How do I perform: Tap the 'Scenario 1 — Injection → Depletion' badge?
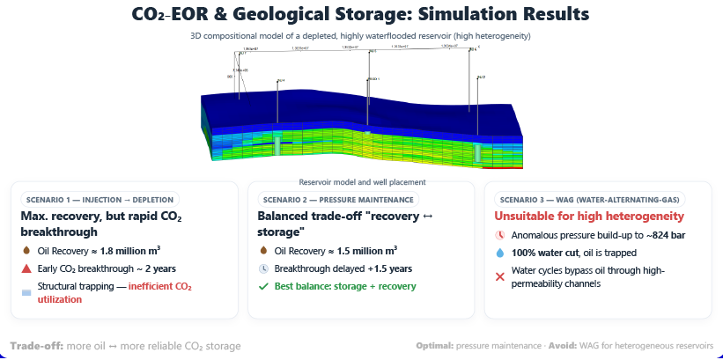pos(99,199)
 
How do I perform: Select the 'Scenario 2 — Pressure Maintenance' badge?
pos(332,199)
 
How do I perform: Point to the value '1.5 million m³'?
pos(362,250)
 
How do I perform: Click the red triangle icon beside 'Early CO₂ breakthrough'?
pos(26,268)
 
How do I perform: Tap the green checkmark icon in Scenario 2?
pos(263,286)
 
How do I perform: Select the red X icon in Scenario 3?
pos(500,276)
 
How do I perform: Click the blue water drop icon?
pos(500,253)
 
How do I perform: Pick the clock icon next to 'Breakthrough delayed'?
pos(263,268)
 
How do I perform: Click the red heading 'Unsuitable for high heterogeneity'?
pos(589,217)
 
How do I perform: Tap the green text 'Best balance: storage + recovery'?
pos(344,286)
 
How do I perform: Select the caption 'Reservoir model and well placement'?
pos(362,182)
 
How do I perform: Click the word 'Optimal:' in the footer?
pos(435,346)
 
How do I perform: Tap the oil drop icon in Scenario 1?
pos(26,250)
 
